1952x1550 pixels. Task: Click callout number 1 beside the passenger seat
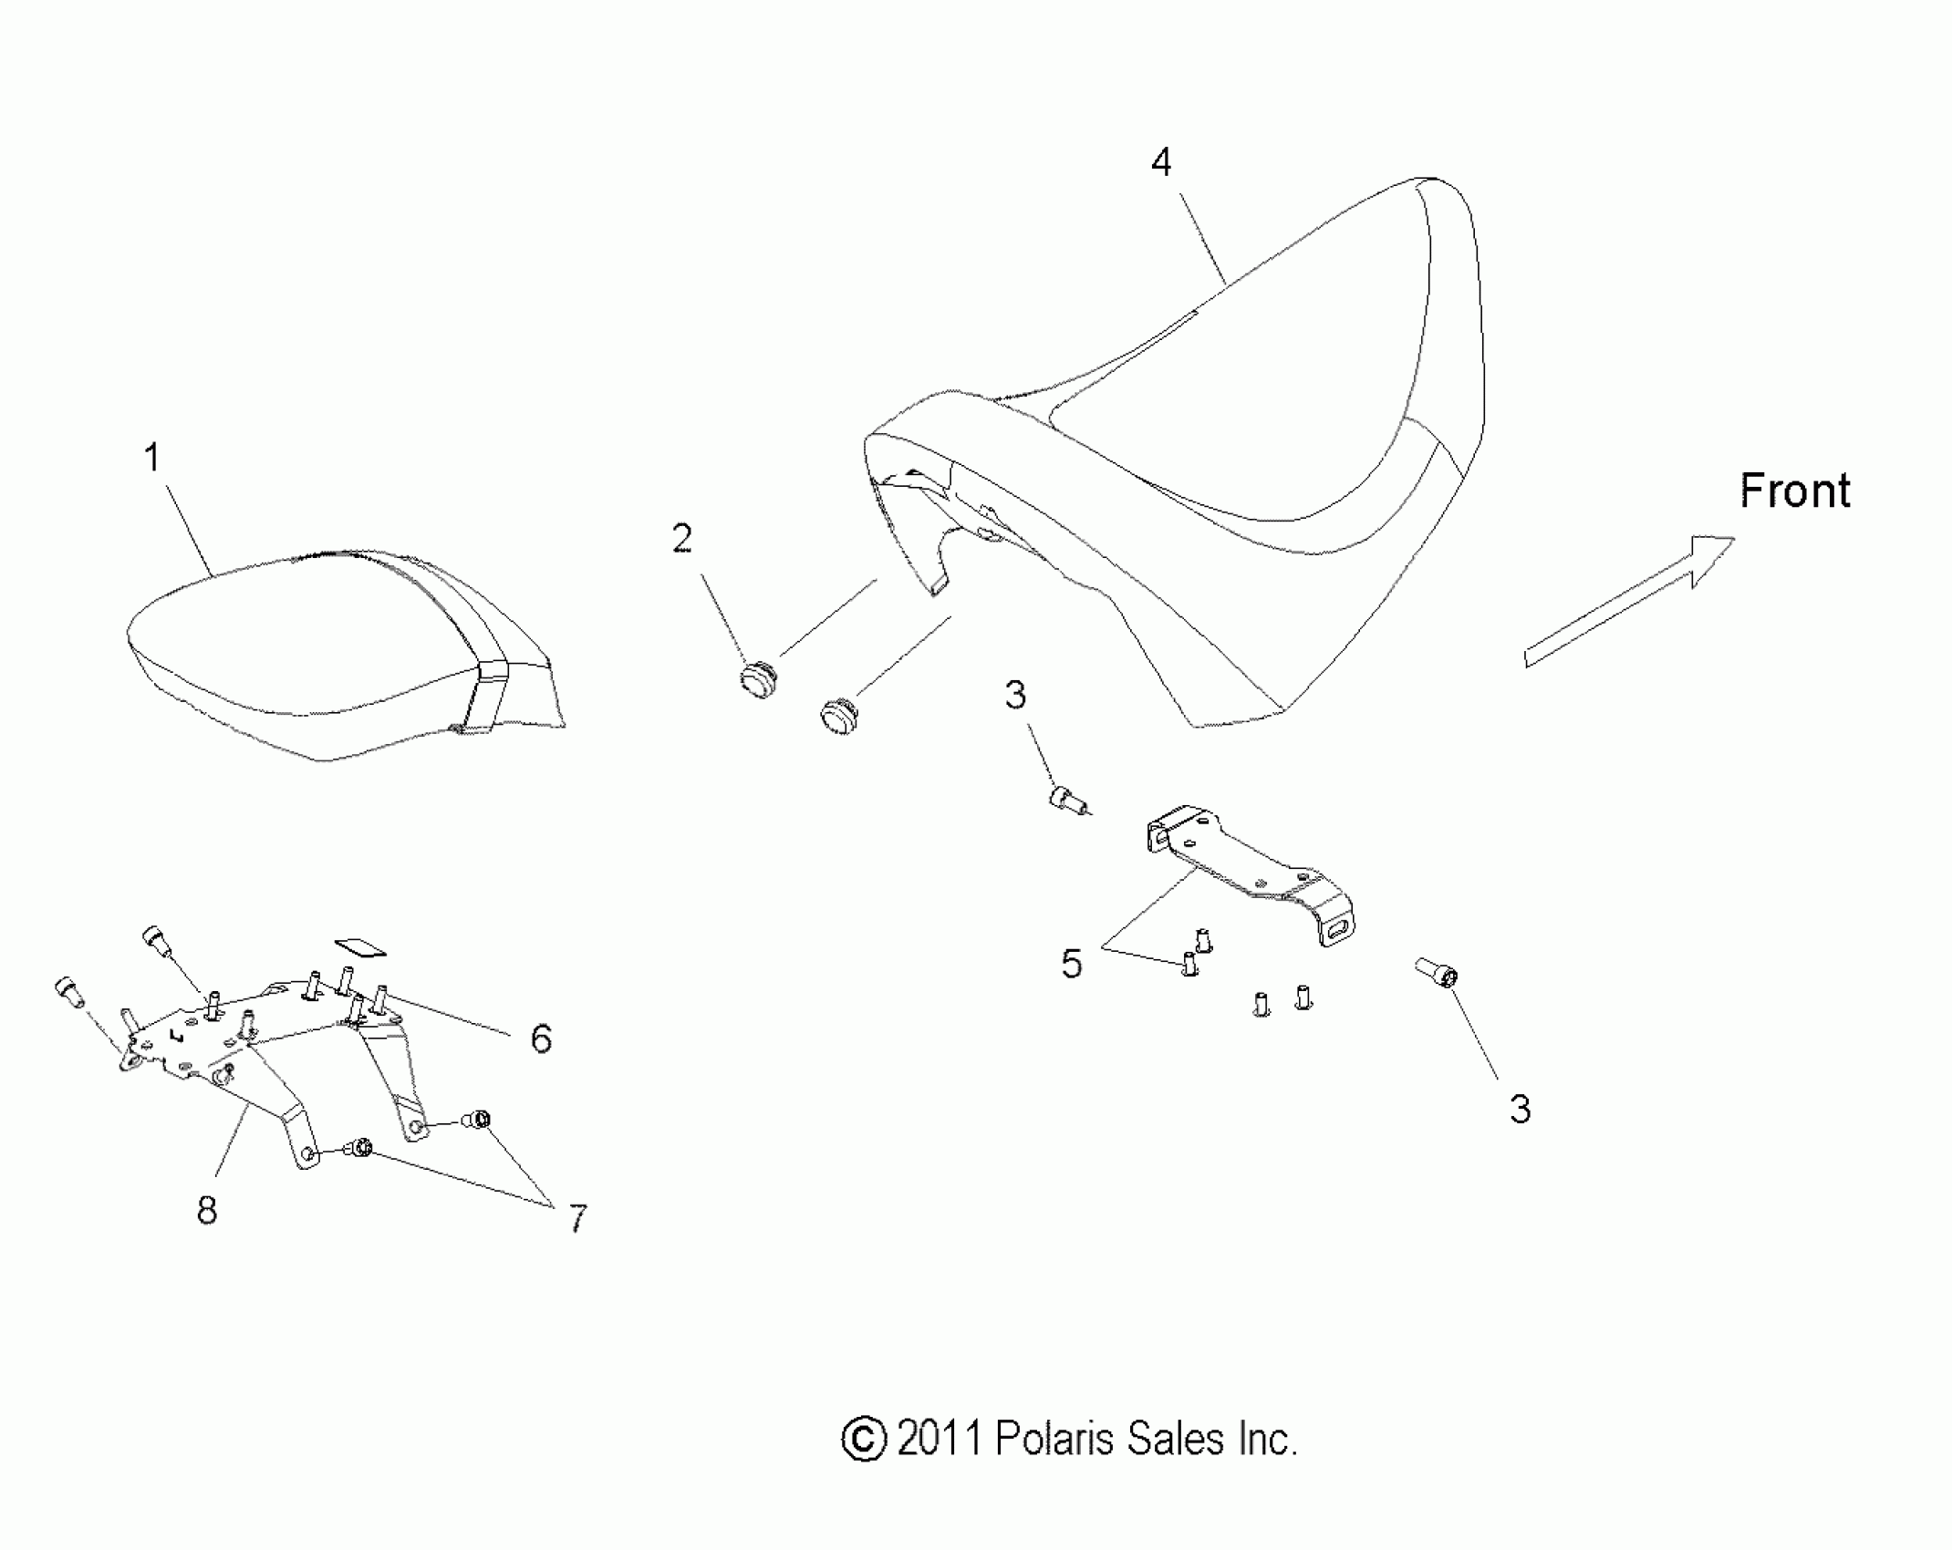[152, 458]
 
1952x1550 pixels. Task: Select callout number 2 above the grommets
[681, 539]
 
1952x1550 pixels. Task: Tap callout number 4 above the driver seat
[1160, 162]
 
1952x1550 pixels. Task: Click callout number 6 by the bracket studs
[541, 1038]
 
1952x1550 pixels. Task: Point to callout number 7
[577, 1218]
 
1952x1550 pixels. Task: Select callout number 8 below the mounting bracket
[207, 1210]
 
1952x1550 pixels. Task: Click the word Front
[1794, 491]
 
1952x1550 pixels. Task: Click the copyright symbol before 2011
[863, 1440]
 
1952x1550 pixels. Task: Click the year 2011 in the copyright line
[940, 1440]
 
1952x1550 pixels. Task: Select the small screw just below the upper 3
[1067, 800]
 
